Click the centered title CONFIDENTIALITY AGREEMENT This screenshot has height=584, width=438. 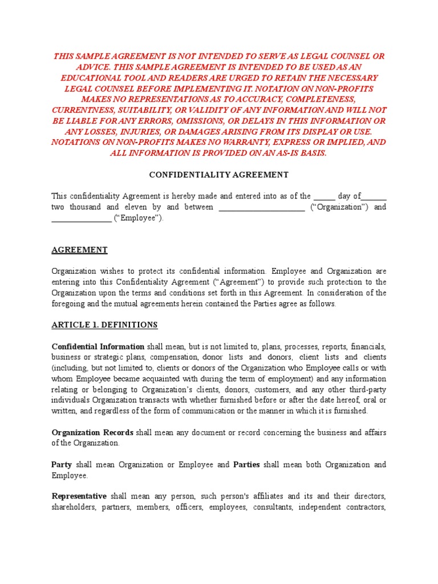(219, 175)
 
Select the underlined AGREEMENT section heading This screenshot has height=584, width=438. (79, 250)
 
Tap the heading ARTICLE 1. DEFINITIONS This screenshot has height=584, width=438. (104, 325)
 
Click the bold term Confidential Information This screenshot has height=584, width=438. (98, 346)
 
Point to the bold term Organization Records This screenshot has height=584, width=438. (92, 432)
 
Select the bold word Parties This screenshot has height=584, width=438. (246, 464)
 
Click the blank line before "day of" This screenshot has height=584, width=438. (325, 196)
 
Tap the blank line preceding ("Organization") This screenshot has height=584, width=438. (262, 207)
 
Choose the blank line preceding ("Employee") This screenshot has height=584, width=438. (81, 218)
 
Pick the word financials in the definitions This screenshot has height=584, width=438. (368, 346)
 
